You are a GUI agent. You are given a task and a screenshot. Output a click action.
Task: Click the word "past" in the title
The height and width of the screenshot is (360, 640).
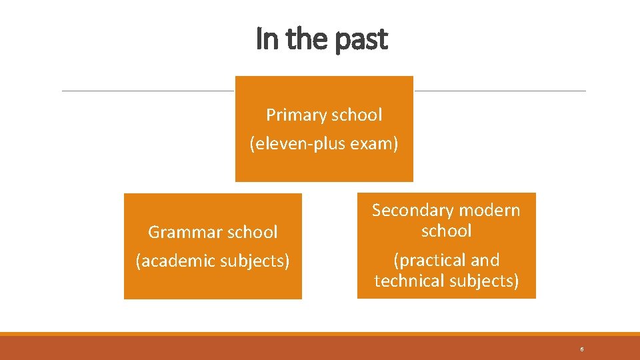[361, 40]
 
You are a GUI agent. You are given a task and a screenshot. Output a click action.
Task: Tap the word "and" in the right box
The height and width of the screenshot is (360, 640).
[485, 260]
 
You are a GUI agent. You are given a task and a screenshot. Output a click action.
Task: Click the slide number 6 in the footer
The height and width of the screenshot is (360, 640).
[582, 349]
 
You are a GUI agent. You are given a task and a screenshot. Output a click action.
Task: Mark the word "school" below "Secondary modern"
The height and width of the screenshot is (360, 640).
[446, 231]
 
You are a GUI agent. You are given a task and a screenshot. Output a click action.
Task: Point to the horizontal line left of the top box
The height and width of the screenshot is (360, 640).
[147, 91]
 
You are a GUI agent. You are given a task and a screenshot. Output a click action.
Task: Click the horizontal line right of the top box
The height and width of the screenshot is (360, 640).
[500, 91]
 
